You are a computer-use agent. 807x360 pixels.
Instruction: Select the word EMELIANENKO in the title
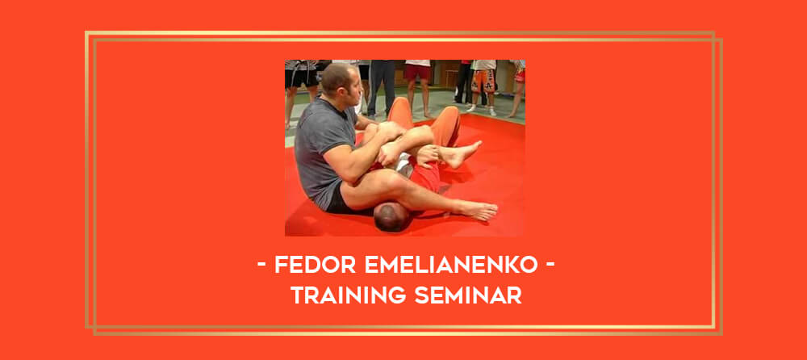point(451,265)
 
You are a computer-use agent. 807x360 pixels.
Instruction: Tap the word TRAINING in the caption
point(349,295)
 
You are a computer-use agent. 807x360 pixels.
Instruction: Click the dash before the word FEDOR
point(262,266)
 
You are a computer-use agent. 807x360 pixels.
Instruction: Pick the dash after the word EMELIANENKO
point(550,266)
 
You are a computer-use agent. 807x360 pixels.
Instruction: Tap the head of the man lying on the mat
point(393,216)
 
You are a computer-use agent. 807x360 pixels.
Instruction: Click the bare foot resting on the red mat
point(477,209)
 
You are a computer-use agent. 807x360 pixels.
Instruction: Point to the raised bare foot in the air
point(462,153)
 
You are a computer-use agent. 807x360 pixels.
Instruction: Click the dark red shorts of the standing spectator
point(417,72)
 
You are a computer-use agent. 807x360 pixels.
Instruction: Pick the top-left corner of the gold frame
point(86,32)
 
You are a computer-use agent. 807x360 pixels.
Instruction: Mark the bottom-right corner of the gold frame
point(721,335)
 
